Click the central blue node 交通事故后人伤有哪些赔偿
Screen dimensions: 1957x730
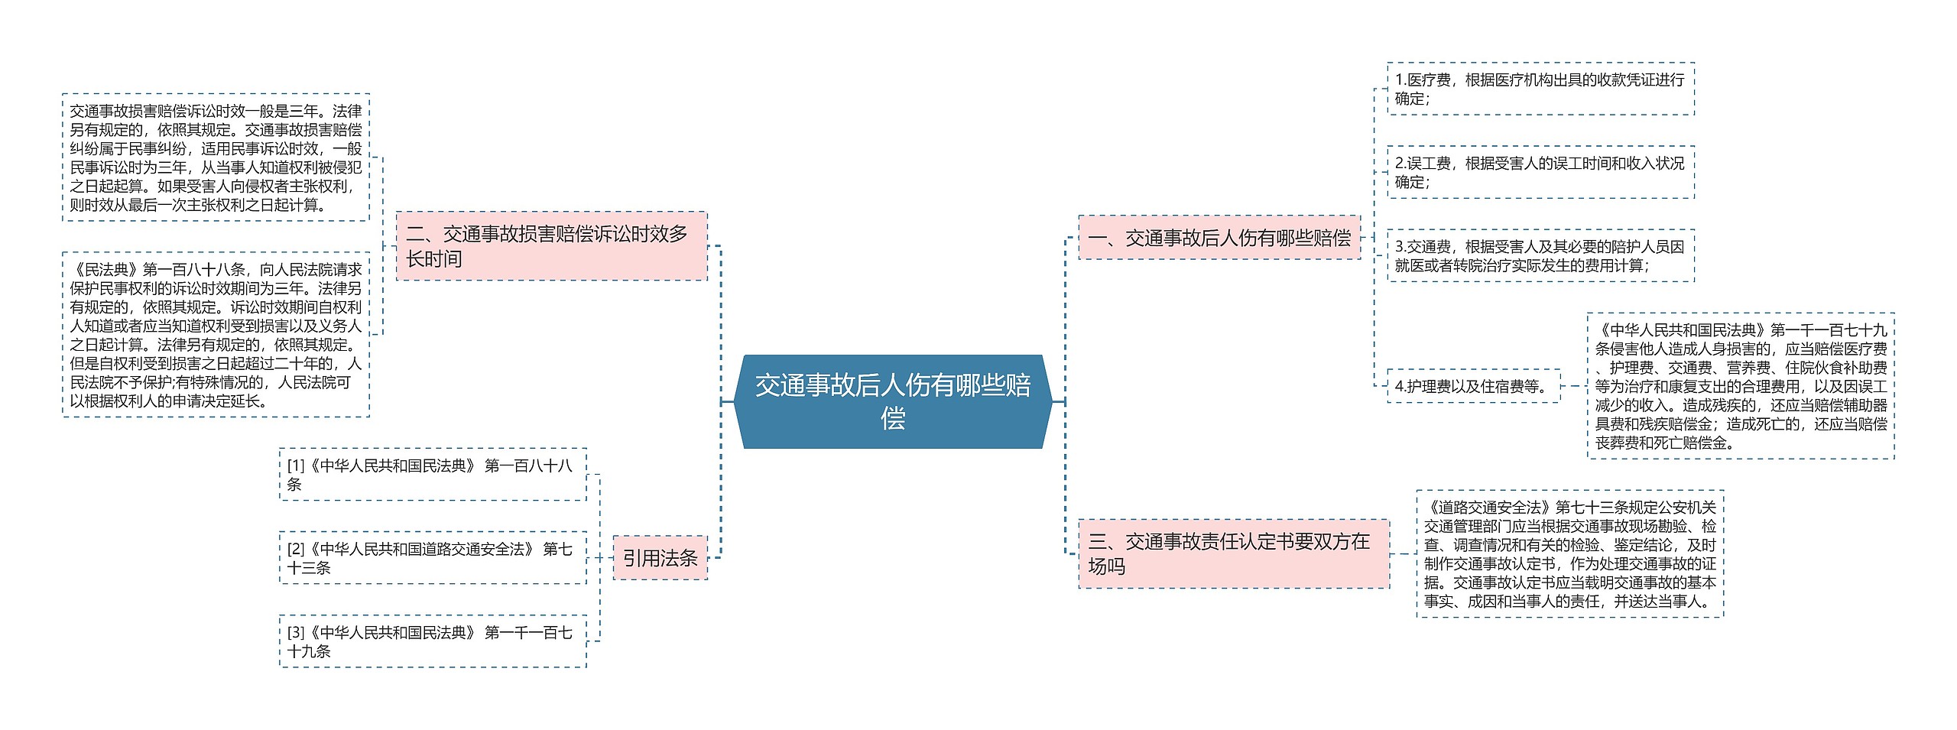click(893, 401)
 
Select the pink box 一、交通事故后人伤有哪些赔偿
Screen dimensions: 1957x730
click(1219, 238)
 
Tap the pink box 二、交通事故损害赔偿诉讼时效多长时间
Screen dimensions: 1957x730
click(551, 246)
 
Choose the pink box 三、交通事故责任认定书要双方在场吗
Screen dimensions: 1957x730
click(1234, 554)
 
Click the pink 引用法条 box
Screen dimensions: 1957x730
click(660, 558)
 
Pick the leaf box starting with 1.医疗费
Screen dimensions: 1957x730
click(1540, 89)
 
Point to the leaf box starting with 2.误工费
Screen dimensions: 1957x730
click(1540, 172)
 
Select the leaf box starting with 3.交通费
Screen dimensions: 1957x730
click(1540, 255)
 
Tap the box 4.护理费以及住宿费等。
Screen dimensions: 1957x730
click(1473, 386)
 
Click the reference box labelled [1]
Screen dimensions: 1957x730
click(433, 475)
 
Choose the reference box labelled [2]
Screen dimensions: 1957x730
click(433, 558)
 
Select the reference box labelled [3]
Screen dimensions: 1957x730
click(433, 641)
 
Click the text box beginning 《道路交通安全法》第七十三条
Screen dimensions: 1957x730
click(1570, 554)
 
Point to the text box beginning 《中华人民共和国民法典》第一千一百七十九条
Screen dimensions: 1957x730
click(1741, 386)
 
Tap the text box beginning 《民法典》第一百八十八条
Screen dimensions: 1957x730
click(216, 335)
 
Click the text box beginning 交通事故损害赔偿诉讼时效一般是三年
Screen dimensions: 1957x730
click(216, 157)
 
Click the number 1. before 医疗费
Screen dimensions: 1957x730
click(1400, 79)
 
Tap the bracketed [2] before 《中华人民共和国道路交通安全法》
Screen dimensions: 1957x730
click(296, 549)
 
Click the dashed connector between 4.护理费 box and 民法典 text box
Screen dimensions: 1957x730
click(1573, 386)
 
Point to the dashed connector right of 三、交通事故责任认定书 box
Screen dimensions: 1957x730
click(1403, 554)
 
